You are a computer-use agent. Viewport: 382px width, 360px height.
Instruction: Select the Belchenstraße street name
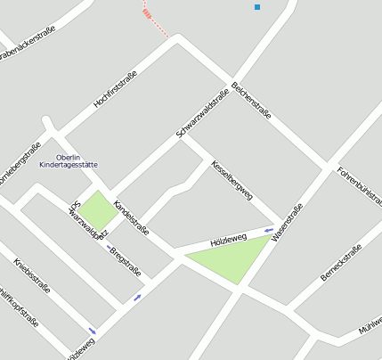(x=251, y=100)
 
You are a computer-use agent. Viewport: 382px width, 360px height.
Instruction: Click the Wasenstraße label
(x=288, y=222)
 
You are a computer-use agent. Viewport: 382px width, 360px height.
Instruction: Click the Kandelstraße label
(x=131, y=217)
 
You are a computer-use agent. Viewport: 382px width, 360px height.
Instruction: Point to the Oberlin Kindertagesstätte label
(x=75, y=161)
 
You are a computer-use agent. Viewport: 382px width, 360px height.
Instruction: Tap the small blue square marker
(x=257, y=7)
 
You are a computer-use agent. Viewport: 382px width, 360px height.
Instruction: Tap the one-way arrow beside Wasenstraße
(x=268, y=231)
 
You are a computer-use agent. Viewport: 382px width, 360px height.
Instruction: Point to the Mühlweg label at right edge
(x=370, y=324)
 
